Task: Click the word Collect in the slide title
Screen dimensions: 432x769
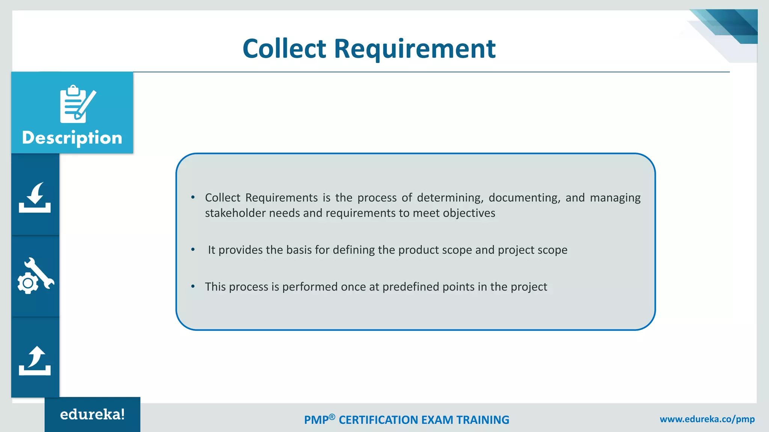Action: [x=284, y=49]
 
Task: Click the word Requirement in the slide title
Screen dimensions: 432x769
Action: [x=415, y=49]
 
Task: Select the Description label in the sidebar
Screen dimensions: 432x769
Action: [x=72, y=138]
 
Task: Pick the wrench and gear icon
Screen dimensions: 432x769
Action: [x=35, y=276]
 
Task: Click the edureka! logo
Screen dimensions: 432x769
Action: [x=92, y=414]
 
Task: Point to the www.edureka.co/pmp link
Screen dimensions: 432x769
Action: [x=707, y=419]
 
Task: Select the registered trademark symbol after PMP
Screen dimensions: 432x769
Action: [x=332, y=417]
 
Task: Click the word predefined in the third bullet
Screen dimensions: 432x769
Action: [x=411, y=287]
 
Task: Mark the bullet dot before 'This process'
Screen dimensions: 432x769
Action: [x=193, y=286]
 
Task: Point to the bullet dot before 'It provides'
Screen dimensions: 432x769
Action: [x=193, y=249]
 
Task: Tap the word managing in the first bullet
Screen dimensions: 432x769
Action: [x=615, y=198]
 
